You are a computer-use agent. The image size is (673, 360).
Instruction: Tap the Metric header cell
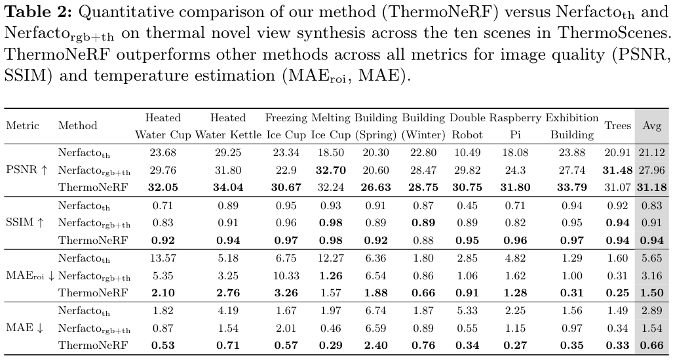point(22,125)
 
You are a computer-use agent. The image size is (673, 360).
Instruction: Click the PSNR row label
point(27,170)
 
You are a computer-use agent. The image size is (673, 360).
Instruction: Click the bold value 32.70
point(330,170)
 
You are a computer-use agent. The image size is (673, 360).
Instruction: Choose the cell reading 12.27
point(330,258)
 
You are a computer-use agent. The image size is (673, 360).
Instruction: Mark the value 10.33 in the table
point(286,275)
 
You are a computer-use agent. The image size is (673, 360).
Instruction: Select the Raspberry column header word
point(515,118)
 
